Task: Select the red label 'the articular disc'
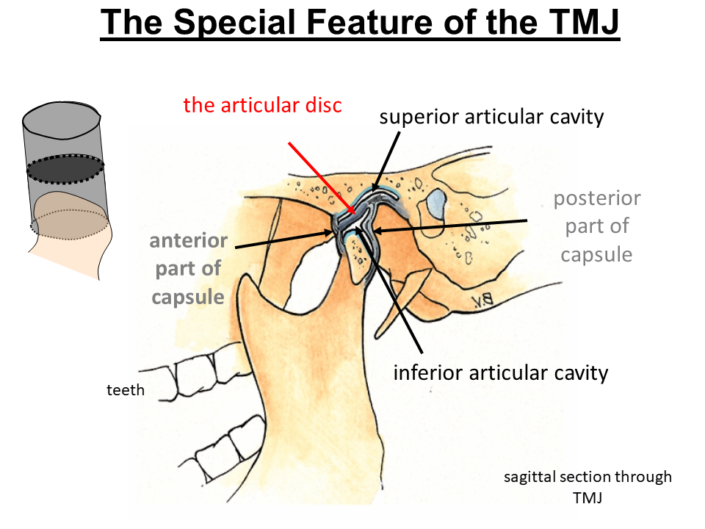click(262, 104)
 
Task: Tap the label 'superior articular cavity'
click(491, 116)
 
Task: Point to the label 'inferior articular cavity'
click(501, 373)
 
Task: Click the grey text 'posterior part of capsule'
click(596, 226)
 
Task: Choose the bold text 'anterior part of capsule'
click(188, 269)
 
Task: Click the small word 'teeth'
click(126, 391)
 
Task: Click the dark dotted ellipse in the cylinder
click(66, 169)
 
